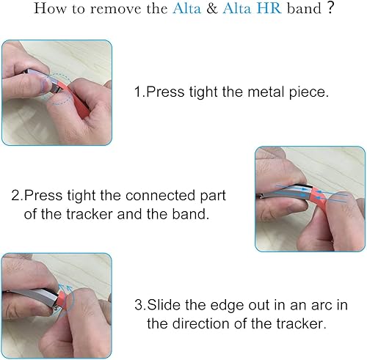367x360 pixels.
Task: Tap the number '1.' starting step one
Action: point(138,93)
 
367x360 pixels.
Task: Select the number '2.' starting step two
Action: point(17,197)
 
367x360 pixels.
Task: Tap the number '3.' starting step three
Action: point(139,304)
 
